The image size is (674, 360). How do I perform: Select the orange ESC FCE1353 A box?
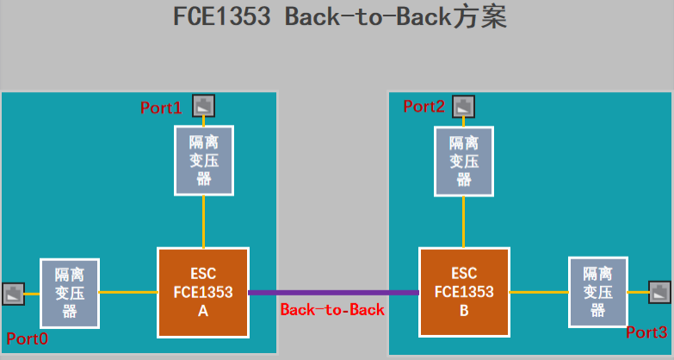tap(203, 292)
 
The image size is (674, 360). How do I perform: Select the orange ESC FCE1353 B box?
tap(464, 292)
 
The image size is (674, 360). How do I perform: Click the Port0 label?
tap(27, 338)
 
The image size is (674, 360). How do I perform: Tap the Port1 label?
tap(161, 109)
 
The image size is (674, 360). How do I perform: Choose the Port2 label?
tap(424, 107)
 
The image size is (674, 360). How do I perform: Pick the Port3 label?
tap(646, 332)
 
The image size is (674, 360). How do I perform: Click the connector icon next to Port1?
tap(203, 106)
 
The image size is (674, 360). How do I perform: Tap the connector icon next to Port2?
tap(464, 107)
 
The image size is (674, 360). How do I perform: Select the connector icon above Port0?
tap(14, 294)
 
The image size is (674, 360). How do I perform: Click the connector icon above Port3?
tap(660, 292)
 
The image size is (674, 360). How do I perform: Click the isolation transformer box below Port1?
tap(203, 160)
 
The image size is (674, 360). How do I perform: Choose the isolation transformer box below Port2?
tap(464, 160)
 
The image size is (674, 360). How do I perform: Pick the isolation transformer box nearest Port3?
tap(597, 292)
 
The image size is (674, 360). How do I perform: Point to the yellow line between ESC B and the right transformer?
tap(539, 292)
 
